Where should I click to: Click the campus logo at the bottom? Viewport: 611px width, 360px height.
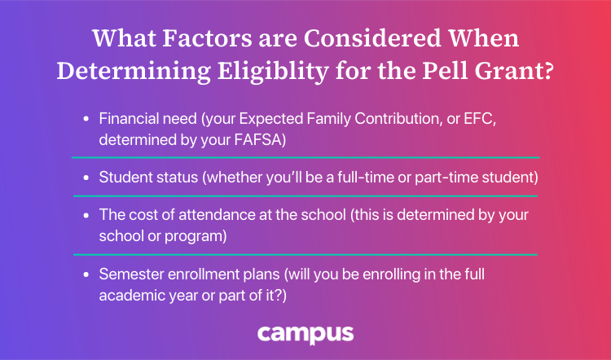tap(305, 333)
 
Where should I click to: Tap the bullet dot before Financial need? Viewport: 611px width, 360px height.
tap(86, 119)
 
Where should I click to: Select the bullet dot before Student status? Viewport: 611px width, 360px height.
tap(86, 177)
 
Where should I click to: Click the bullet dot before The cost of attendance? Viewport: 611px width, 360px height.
tap(86, 216)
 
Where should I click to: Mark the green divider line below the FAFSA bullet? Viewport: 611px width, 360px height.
tap(305, 157)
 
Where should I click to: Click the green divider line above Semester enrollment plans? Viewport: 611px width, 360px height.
tap(305, 255)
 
